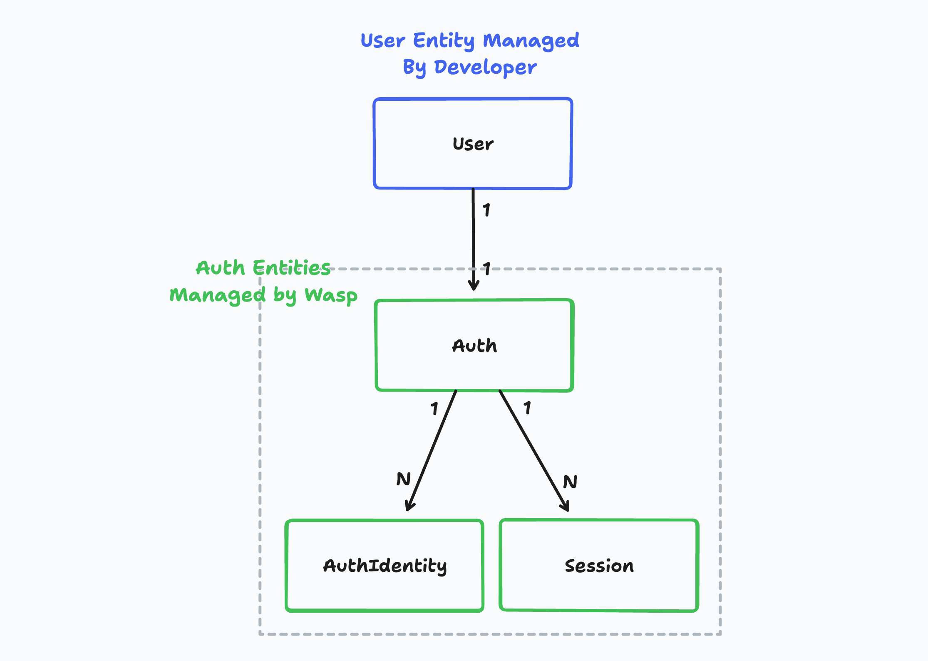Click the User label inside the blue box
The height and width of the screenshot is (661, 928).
[473, 144]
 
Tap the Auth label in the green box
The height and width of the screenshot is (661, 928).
[474, 346]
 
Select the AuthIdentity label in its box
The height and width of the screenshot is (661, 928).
[385, 566]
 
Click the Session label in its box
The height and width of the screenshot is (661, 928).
[599, 566]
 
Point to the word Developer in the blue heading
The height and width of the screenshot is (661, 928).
[485, 67]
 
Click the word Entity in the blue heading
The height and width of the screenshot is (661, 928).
[444, 41]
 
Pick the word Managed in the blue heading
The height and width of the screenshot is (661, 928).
[531, 41]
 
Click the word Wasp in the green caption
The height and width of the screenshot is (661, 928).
[331, 295]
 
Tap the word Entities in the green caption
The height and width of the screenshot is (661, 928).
[291, 267]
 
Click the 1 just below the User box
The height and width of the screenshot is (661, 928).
[486, 210]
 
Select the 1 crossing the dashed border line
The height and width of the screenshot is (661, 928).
[487, 269]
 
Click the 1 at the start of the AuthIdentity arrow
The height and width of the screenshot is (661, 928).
[434, 409]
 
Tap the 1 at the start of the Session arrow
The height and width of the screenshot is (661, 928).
[527, 408]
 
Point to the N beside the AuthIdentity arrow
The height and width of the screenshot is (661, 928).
[403, 479]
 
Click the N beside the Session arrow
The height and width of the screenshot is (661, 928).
[570, 482]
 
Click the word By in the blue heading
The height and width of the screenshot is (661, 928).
[414, 67]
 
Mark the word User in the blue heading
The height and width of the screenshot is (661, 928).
[382, 41]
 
